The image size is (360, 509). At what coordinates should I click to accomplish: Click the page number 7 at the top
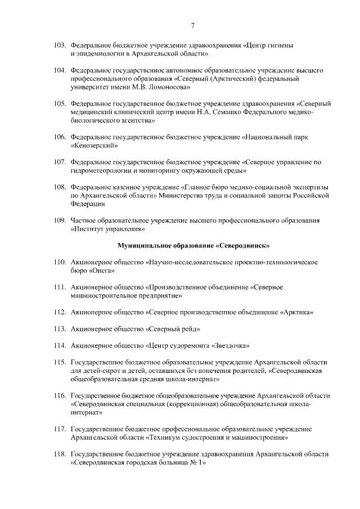193,26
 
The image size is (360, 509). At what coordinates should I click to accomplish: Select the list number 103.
60,44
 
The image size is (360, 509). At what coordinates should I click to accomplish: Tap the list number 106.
60,137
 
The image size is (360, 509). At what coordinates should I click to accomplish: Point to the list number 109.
60,220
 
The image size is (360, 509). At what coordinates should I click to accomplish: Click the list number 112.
60,311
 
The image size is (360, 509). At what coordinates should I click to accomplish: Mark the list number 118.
60,453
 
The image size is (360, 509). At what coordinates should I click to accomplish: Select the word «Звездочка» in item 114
231,345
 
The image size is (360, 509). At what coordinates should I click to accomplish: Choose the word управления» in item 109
127,229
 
